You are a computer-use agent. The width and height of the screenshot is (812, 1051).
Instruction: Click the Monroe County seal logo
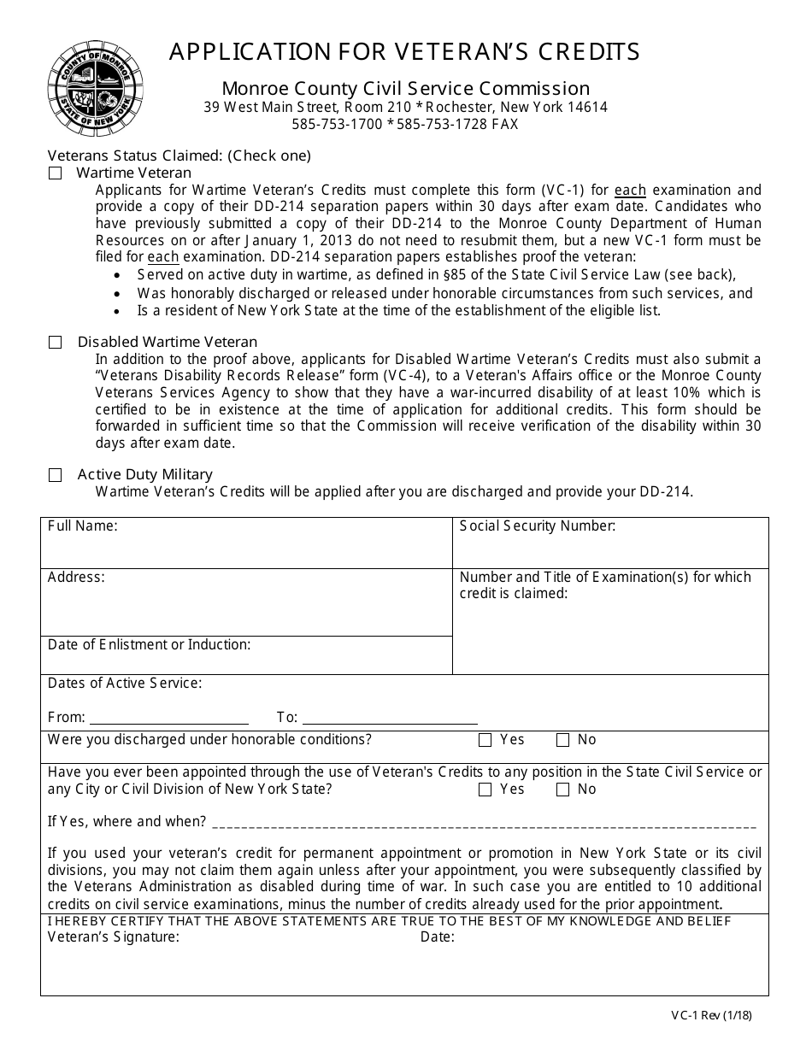[x=95, y=89]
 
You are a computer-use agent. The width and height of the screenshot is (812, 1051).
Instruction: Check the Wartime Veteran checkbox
[x=56, y=173]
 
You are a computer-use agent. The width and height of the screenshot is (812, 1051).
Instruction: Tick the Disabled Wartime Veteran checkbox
[x=56, y=343]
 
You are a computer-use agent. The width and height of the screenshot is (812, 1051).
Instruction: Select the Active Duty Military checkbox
[x=56, y=475]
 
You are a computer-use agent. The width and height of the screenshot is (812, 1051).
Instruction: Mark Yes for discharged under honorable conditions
[x=485, y=741]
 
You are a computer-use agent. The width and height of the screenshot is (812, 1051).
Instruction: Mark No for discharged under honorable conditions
[x=562, y=741]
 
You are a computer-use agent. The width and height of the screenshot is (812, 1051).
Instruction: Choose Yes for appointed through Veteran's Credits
[x=485, y=790]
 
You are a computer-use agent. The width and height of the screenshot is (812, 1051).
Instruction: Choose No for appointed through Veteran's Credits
[x=562, y=790]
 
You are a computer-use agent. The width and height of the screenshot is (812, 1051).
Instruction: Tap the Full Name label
[x=83, y=526]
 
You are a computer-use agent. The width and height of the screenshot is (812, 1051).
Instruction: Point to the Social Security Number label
[x=537, y=526]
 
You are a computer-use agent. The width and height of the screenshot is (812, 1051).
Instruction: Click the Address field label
[x=76, y=578]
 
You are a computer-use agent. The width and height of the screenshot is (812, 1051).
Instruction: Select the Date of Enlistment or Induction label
[x=149, y=645]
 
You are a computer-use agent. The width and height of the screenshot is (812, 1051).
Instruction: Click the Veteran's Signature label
[x=114, y=937]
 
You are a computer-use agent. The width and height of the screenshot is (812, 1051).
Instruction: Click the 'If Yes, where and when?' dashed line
[x=483, y=824]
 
